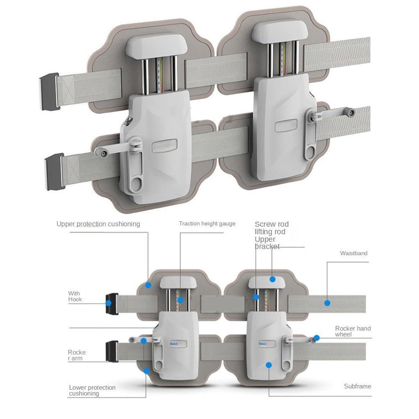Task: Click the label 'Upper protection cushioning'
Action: [98, 224]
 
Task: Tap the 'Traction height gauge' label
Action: [207, 224]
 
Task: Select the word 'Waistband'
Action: [354, 253]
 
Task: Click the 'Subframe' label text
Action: [357, 386]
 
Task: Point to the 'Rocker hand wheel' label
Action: [353, 331]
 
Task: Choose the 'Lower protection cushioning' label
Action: [92, 391]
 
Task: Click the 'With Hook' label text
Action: [75, 296]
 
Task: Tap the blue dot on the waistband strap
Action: [327, 303]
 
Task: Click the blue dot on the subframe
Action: [269, 365]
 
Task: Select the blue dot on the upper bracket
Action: [272, 279]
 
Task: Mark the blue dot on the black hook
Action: [109, 303]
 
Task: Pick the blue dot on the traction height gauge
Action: [181, 300]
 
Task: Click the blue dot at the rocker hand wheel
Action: [317, 338]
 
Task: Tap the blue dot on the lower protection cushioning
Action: [147, 371]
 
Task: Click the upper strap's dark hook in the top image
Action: [50, 91]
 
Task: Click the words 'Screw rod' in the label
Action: [272, 224]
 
